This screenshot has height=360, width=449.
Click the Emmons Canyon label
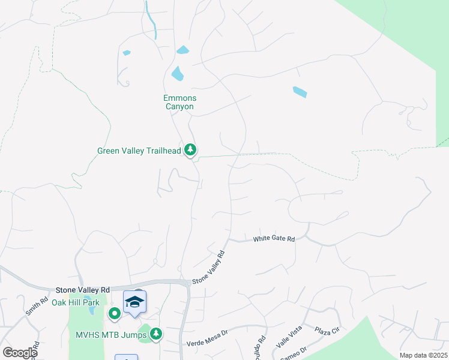[x=179, y=102]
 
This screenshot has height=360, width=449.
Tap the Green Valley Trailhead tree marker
[x=191, y=149]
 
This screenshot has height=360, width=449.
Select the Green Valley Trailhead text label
[x=139, y=151]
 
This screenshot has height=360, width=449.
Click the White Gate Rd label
[x=274, y=239]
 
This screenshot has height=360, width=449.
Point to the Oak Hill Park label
[x=75, y=302]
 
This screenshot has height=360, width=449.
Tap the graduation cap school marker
[x=135, y=302]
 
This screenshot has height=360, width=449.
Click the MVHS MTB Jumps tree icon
[x=157, y=333]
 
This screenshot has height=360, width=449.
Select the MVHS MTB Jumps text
[x=112, y=334]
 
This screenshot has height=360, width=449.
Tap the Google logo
[x=20, y=353]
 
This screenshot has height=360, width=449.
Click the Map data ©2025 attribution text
[x=423, y=355]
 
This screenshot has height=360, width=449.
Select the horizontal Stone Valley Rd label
[x=83, y=289]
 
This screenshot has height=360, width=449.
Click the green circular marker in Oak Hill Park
[x=114, y=313]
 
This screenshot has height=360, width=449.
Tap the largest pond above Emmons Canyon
[x=178, y=74]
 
